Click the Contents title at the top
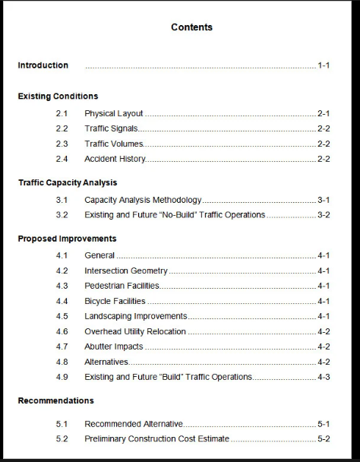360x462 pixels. [x=191, y=27]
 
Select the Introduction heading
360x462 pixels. [x=43, y=65]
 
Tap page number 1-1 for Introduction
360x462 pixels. [x=324, y=65]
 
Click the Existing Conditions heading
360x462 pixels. [x=58, y=97]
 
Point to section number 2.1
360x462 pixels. [x=62, y=113]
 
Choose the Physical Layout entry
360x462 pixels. [x=114, y=113]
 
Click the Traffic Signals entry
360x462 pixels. [x=111, y=128]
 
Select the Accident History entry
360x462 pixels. [x=115, y=159]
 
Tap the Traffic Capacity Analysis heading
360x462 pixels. [x=68, y=183]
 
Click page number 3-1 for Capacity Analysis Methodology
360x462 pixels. [x=324, y=200]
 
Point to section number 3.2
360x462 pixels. [x=62, y=215]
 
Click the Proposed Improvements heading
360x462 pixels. [x=67, y=239]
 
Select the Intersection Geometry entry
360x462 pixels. [x=126, y=271]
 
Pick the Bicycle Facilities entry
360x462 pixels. [x=115, y=301]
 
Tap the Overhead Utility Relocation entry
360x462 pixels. [x=135, y=331]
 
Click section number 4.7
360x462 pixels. [x=62, y=346]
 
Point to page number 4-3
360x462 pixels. [x=324, y=377]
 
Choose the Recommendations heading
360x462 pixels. [x=56, y=400]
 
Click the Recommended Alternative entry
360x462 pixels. [x=134, y=423]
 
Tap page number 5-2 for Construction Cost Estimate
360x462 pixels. [x=324, y=438]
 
